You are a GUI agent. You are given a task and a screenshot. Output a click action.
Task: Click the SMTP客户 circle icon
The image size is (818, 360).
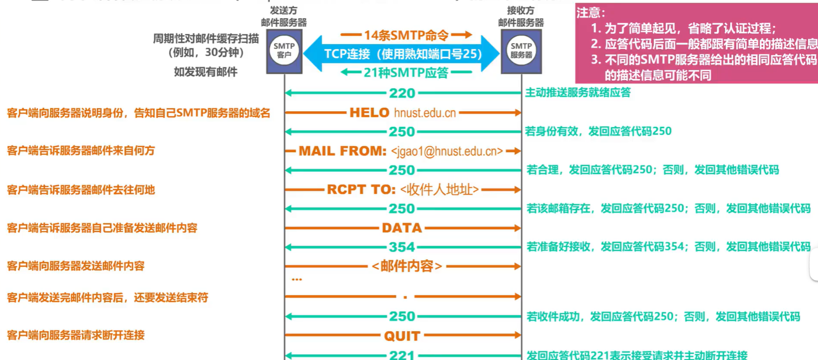click(x=284, y=51)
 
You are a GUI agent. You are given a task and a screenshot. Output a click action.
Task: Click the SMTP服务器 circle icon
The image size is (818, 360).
click(x=521, y=51)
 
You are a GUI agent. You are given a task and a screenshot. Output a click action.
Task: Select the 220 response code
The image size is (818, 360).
click(x=402, y=93)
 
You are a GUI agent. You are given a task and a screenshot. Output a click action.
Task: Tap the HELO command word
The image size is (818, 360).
click(x=369, y=113)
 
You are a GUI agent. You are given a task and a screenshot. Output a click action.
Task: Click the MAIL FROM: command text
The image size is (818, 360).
click(x=343, y=151)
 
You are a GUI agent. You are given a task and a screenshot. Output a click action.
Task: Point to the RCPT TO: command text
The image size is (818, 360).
click(x=361, y=189)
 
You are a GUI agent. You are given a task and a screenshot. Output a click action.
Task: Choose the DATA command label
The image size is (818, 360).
click(x=401, y=228)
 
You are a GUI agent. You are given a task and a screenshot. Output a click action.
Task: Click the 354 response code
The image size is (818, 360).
click(x=402, y=247)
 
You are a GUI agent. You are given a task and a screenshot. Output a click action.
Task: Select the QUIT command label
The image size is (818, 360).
click(x=402, y=336)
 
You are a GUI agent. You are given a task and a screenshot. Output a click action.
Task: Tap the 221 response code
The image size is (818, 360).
click(x=402, y=355)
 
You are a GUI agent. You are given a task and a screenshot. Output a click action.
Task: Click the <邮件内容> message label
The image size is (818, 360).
click(x=407, y=266)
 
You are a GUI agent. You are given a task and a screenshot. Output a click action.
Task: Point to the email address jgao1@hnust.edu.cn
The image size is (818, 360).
click(x=447, y=152)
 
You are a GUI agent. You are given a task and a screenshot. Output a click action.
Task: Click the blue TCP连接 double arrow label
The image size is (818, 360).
click(x=402, y=54)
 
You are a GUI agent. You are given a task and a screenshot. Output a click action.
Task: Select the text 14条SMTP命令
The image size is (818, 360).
click(x=406, y=35)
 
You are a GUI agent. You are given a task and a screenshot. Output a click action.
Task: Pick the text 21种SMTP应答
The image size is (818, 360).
click(x=406, y=73)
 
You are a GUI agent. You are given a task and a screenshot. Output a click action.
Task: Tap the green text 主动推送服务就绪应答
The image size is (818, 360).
click(x=578, y=92)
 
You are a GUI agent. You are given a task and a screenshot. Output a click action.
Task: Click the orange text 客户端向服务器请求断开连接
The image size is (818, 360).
click(x=76, y=335)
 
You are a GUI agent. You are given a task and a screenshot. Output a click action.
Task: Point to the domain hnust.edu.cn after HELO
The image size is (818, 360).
click(x=425, y=113)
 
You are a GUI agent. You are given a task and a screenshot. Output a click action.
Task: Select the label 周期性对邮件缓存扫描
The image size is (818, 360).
click(x=206, y=38)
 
